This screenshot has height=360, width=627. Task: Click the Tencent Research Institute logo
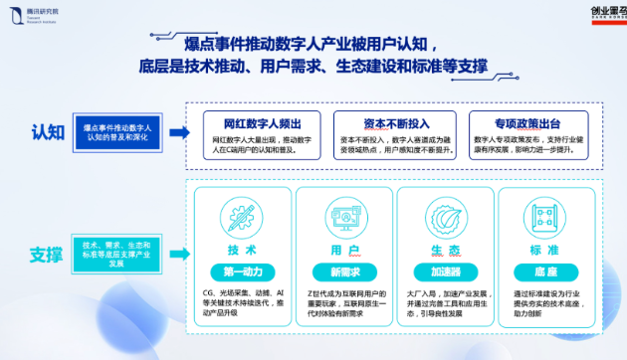point(34,14)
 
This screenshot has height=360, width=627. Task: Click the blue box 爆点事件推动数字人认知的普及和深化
point(117,133)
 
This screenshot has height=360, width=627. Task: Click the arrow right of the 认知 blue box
point(178,132)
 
